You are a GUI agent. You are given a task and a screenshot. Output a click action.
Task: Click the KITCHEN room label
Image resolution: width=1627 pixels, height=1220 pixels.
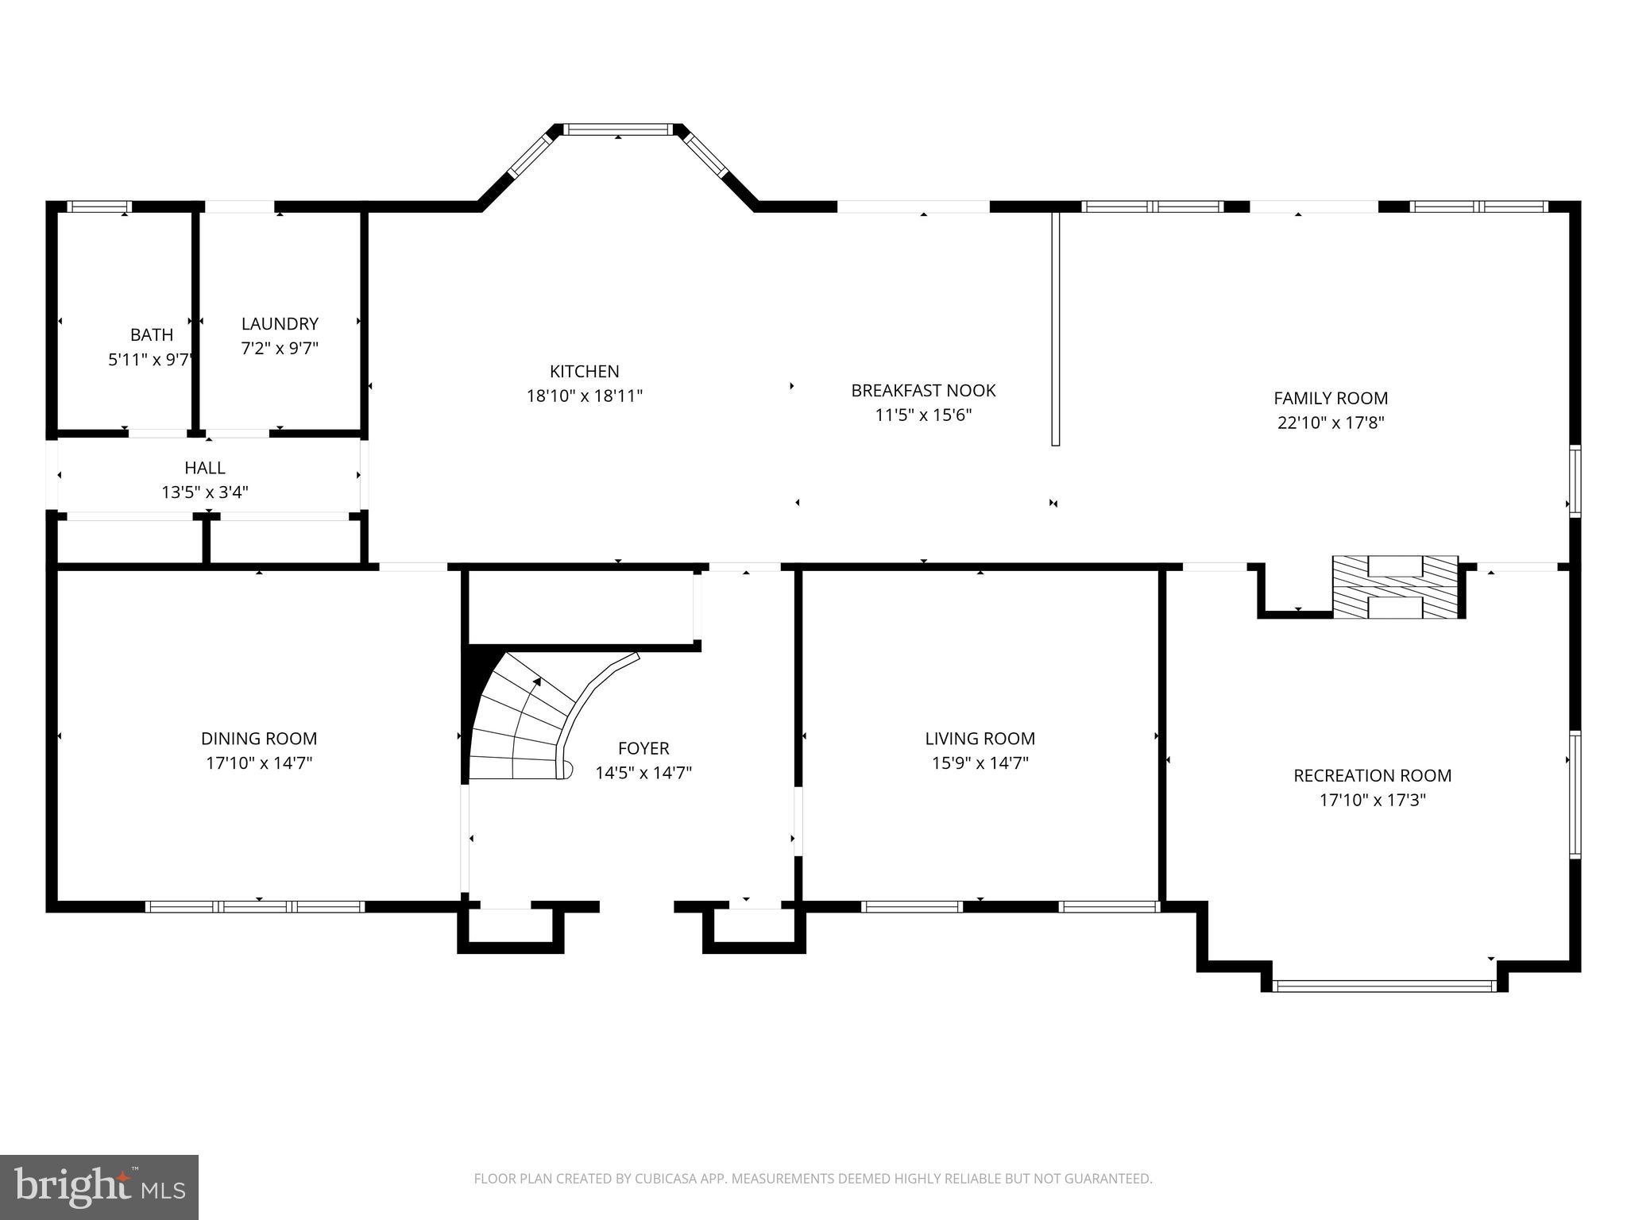pyautogui.click(x=584, y=371)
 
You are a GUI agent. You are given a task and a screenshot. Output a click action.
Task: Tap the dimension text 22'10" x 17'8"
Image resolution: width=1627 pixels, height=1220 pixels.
pyautogui.click(x=1331, y=423)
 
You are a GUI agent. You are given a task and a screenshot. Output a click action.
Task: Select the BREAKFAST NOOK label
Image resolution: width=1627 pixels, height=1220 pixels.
pyautogui.click(x=923, y=390)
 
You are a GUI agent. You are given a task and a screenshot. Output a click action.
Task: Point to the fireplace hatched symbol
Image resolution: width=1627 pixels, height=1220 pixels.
pyautogui.click(x=1395, y=587)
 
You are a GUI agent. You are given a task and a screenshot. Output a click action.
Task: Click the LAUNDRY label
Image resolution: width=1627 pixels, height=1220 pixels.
pyautogui.click(x=280, y=323)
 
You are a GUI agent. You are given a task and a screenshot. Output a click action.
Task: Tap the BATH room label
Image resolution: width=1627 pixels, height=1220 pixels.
pyautogui.click(x=152, y=334)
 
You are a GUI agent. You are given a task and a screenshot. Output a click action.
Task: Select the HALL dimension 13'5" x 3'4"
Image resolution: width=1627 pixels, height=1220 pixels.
pyautogui.click(x=205, y=492)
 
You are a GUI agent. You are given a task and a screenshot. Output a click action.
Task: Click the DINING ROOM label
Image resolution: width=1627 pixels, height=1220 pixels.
pyautogui.click(x=259, y=738)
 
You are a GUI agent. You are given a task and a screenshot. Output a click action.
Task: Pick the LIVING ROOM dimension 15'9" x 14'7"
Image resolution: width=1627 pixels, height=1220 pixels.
pyautogui.click(x=980, y=763)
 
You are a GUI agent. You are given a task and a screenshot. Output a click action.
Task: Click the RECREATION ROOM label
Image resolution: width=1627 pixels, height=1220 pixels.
pyautogui.click(x=1372, y=775)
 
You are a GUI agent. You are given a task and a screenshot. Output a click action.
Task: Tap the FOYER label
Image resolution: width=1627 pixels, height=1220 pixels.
pyautogui.click(x=643, y=747)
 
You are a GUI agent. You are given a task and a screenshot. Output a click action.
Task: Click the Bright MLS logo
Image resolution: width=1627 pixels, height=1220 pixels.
pyautogui.click(x=99, y=1187)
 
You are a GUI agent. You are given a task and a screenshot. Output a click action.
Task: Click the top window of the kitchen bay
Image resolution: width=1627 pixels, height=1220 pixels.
pyautogui.click(x=618, y=129)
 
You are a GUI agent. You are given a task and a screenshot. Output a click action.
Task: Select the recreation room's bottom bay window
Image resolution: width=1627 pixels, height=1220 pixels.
pyautogui.click(x=1383, y=986)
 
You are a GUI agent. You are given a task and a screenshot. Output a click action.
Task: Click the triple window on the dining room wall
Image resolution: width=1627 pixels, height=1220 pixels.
pyautogui.click(x=255, y=906)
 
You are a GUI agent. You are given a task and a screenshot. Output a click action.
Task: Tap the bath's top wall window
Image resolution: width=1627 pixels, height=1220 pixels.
pyautogui.click(x=99, y=207)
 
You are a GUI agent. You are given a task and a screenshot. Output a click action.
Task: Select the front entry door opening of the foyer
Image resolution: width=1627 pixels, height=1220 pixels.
pyautogui.click(x=636, y=906)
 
